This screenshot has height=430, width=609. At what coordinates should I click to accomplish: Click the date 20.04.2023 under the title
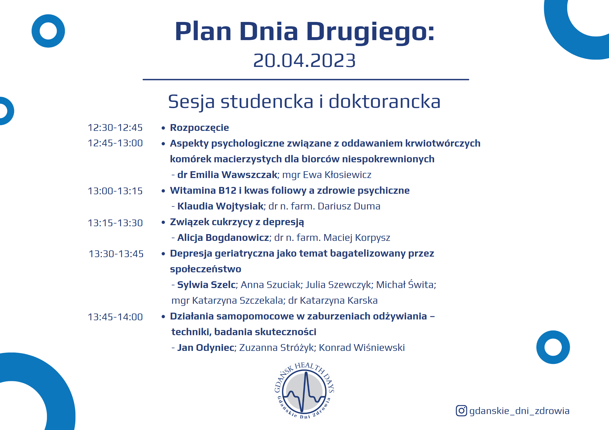point(304,60)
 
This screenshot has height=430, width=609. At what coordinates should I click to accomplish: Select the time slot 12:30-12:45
point(115,128)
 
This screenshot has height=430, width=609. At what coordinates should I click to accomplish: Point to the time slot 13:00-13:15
point(115,191)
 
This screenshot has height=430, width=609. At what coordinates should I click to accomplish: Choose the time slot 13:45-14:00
point(115,317)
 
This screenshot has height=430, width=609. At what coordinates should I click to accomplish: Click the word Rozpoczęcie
point(199,128)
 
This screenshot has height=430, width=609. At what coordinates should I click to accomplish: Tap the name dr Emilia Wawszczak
point(227,175)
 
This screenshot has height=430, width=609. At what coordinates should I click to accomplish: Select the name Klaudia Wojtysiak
point(221,206)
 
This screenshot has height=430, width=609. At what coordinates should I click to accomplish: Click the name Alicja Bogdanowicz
point(223,238)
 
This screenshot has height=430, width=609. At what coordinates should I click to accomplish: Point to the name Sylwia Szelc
point(206,285)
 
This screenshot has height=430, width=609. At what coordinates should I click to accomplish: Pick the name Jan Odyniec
point(206,348)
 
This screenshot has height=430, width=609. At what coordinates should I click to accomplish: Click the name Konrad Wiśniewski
point(362,348)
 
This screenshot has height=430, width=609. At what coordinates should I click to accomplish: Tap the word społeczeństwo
point(206,269)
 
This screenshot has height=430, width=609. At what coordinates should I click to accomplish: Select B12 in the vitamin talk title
point(227,190)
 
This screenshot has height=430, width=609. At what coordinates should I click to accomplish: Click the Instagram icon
point(461,411)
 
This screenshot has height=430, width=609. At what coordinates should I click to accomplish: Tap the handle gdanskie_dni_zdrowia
point(519,411)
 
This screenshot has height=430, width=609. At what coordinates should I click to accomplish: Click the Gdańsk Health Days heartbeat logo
point(304,390)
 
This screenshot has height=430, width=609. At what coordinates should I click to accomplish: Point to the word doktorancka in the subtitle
point(384,102)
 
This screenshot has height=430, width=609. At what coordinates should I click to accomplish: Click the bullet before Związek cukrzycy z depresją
point(163,222)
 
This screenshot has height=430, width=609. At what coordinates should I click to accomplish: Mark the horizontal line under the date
point(306,80)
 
